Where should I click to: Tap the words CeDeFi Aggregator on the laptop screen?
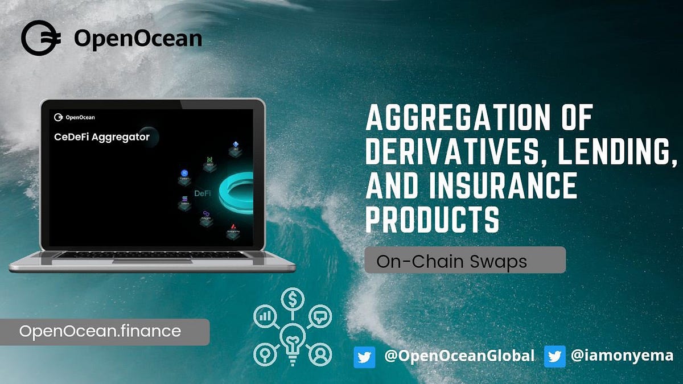click(x=101, y=137)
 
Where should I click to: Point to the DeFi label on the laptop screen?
click(x=203, y=193)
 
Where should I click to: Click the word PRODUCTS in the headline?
click(x=433, y=220)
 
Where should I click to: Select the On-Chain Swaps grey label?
click(x=464, y=261)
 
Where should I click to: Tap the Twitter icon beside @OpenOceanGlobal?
click(x=364, y=357)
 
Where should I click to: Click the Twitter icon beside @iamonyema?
click(x=554, y=357)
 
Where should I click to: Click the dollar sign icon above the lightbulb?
click(x=292, y=299)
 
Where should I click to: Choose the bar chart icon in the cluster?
click(x=265, y=316)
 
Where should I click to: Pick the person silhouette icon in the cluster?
click(x=320, y=354)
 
